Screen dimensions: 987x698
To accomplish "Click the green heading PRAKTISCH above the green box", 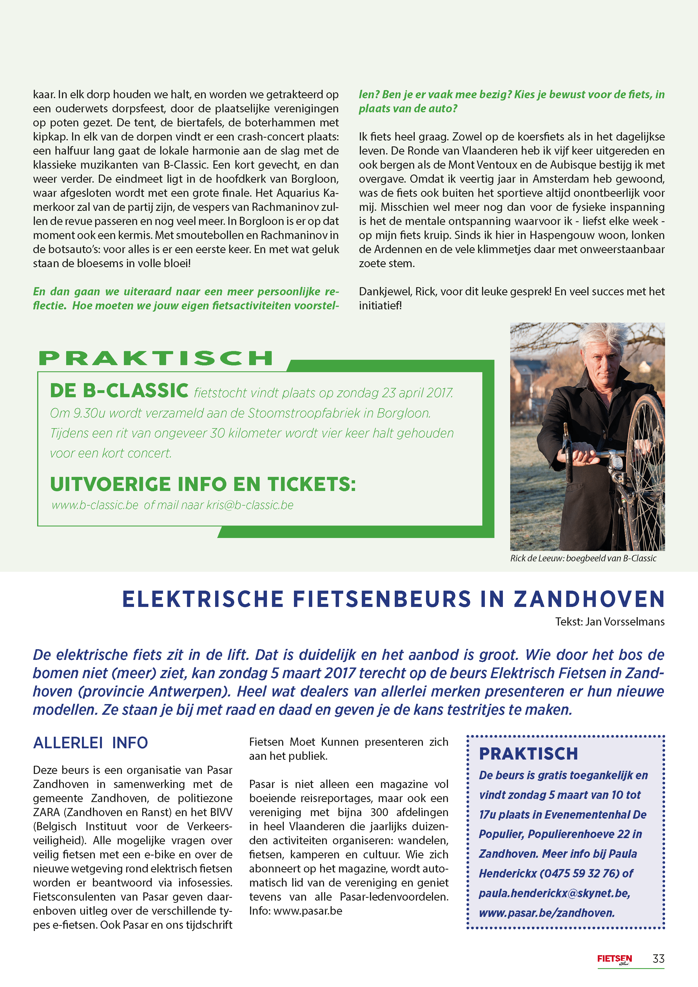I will pos(156,358).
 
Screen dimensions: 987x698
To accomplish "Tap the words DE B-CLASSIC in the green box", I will pos(119,391).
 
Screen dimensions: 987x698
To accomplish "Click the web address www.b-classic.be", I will pos(95,505).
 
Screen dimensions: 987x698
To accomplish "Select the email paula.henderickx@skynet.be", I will pos(554,893).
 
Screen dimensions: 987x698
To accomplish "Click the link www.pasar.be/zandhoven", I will pos(547,913).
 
